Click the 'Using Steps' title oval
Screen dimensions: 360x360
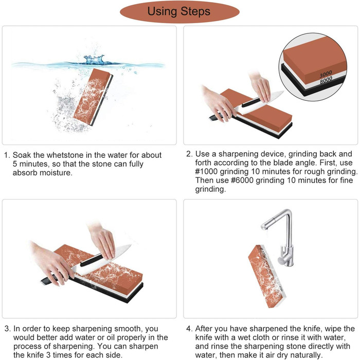(x=179, y=12)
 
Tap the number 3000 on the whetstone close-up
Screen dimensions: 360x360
(x=326, y=74)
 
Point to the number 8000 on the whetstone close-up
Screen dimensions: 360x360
(x=326, y=80)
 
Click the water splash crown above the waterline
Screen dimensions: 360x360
(x=94, y=59)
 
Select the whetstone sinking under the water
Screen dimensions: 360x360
(x=93, y=97)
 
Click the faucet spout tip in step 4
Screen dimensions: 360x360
(x=263, y=227)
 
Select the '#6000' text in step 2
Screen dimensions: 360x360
(x=242, y=180)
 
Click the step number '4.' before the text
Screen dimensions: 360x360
(x=189, y=329)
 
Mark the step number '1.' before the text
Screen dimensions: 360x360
(x=7, y=155)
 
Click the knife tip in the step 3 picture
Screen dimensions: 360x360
(x=131, y=245)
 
